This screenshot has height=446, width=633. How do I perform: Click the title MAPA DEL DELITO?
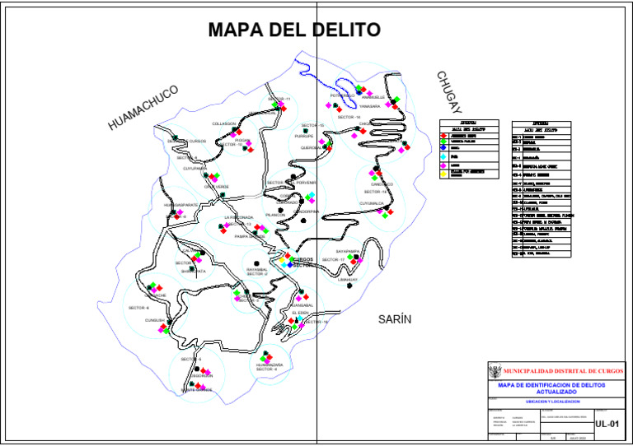(x=294, y=30)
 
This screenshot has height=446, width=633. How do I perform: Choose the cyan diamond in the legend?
(x=443, y=156)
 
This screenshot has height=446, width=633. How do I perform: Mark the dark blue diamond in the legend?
(x=443, y=147)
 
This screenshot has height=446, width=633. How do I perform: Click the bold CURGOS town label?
(x=302, y=259)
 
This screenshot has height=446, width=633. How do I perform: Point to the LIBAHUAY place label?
(x=349, y=280)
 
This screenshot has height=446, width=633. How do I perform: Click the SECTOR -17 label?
(x=331, y=260)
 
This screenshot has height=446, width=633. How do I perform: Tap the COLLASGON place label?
(x=224, y=123)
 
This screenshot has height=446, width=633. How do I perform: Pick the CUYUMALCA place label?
(x=373, y=202)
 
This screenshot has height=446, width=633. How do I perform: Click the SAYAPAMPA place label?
(x=350, y=251)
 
